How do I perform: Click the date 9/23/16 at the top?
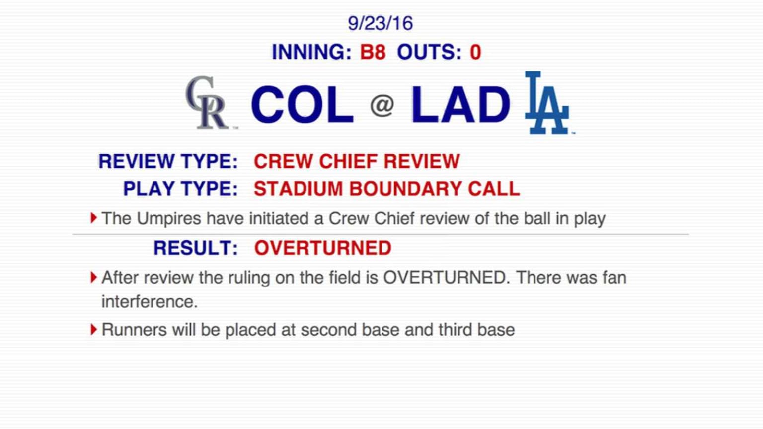point(380,23)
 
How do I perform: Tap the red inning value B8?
point(373,52)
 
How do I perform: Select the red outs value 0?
point(475,52)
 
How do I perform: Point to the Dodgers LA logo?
point(546,103)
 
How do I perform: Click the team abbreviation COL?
point(302,104)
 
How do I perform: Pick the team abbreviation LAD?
point(460,104)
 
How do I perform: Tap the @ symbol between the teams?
point(382,105)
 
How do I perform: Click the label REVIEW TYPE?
point(168,161)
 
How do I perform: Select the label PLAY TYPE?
point(180,189)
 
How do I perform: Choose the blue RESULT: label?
point(196,248)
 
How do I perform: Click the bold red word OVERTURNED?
point(323,248)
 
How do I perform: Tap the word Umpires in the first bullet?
point(168,218)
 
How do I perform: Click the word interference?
point(149,301)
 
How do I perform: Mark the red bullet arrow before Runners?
point(93,329)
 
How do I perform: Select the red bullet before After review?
point(93,277)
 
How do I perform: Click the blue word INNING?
point(311,52)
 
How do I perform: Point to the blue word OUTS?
point(429,52)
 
